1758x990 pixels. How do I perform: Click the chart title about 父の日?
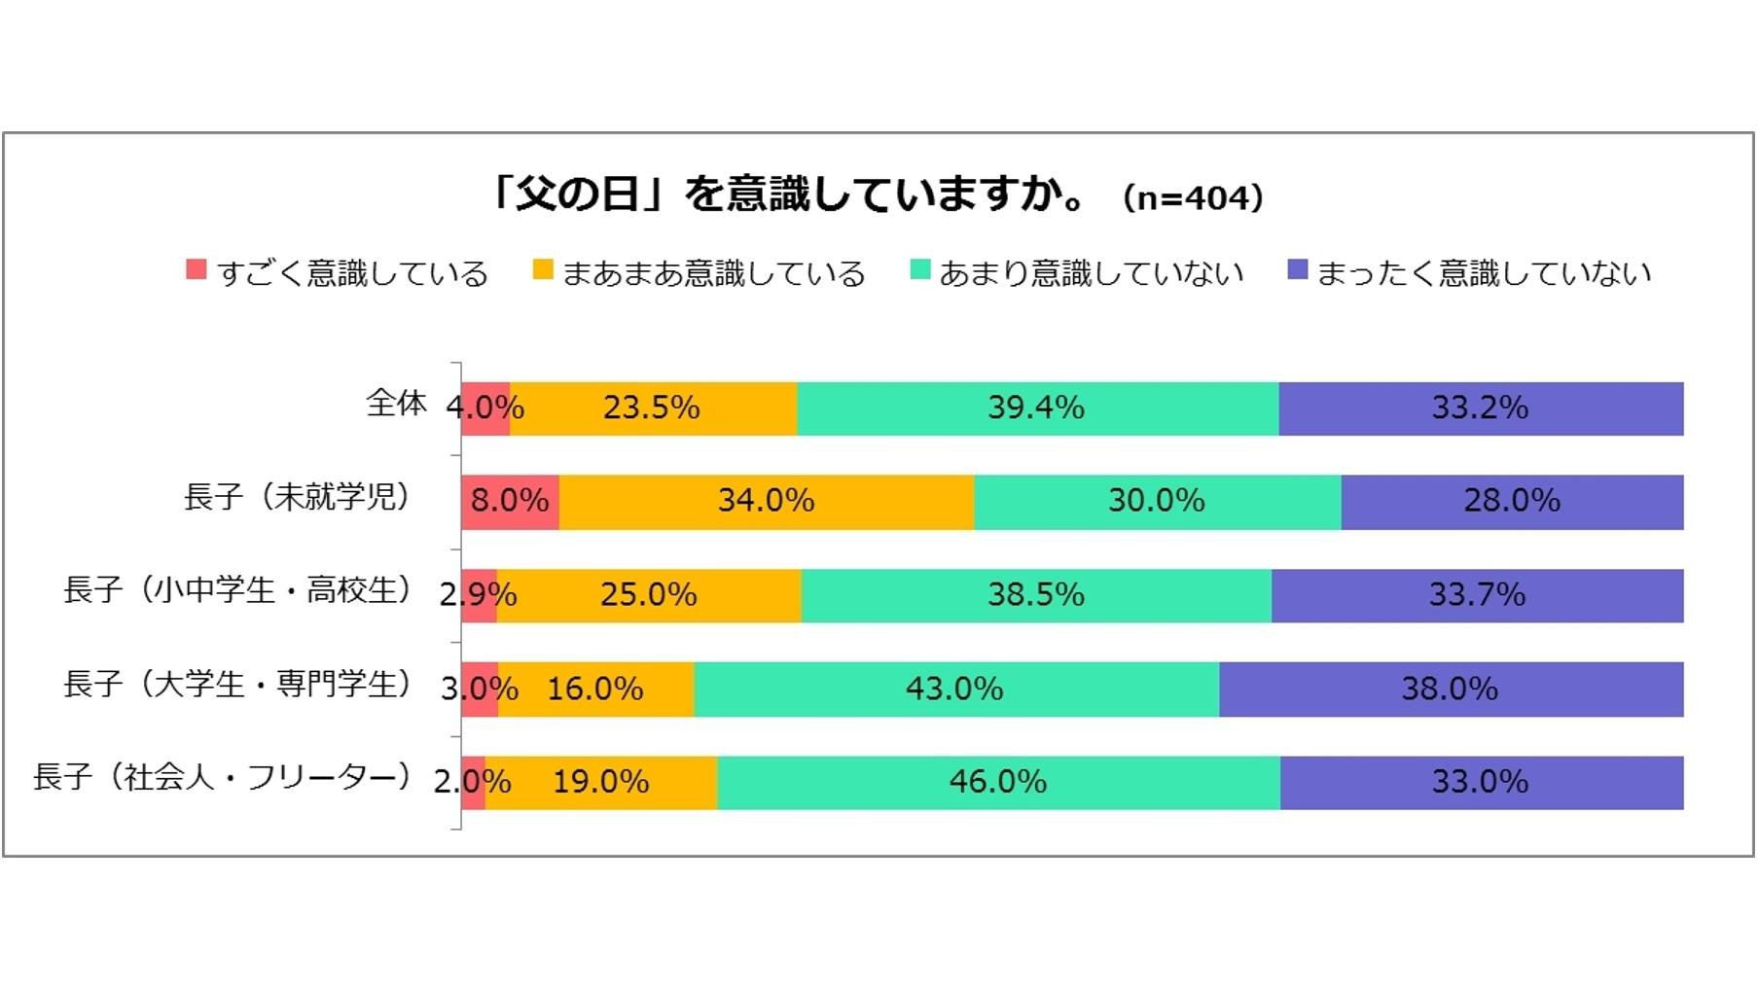(x=788, y=194)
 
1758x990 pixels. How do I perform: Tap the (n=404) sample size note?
(x=1193, y=197)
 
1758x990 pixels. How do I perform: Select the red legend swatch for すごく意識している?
(x=197, y=270)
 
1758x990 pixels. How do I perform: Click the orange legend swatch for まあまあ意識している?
(x=543, y=270)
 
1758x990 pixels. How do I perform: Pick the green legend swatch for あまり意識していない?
(x=919, y=270)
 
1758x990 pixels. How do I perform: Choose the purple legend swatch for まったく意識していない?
(x=1297, y=270)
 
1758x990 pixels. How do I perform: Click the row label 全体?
(x=396, y=403)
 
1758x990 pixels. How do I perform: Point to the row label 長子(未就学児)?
(x=297, y=497)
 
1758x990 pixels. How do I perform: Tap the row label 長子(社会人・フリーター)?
(x=222, y=777)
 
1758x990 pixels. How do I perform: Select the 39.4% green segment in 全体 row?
(x=1037, y=408)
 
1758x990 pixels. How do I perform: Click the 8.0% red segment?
(x=510, y=502)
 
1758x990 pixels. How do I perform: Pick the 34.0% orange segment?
(x=766, y=502)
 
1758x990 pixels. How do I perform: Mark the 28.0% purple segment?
(x=1512, y=502)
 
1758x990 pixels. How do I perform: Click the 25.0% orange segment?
(x=649, y=595)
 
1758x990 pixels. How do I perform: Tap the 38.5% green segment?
(x=1036, y=595)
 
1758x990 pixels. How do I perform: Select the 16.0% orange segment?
(x=595, y=689)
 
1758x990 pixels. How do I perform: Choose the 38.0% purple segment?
(x=1450, y=689)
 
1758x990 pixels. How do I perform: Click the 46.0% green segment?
(x=998, y=782)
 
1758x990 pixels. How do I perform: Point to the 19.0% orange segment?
(x=601, y=782)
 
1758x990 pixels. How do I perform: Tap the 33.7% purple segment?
(x=1477, y=595)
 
